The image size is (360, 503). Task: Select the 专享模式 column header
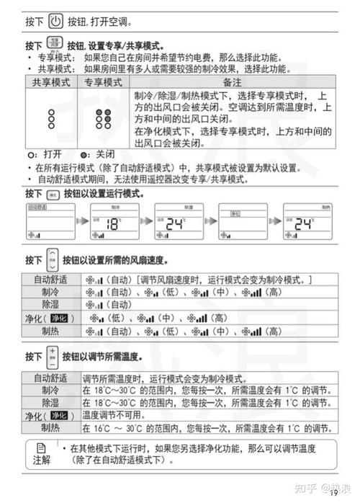click(103, 84)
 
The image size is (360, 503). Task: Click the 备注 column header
click(233, 84)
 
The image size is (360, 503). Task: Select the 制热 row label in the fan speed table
click(50, 331)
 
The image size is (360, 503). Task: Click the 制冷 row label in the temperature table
click(50, 391)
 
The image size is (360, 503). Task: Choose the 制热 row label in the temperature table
click(50, 428)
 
